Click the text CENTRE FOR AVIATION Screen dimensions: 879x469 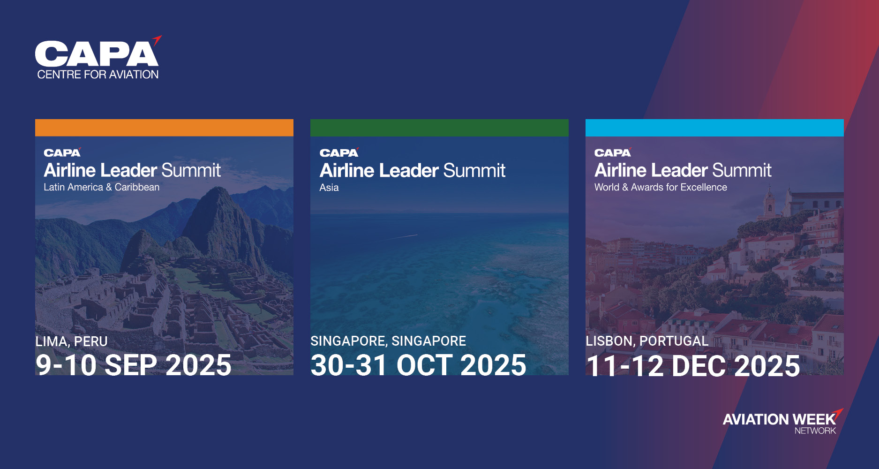pos(98,75)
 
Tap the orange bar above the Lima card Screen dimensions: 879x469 pos(164,128)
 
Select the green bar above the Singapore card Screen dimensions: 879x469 pos(439,128)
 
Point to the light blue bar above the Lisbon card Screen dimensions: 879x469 pos(714,128)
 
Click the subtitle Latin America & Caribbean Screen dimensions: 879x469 pos(102,187)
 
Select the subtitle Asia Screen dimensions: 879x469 pos(329,188)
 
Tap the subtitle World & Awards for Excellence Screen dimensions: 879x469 pos(661,187)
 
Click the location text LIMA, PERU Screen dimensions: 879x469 pos(72,341)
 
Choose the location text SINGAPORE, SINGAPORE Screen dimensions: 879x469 pos(388,341)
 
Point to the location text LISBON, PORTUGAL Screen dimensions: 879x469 pos(647,341)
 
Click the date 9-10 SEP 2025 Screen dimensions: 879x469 pos(134,365)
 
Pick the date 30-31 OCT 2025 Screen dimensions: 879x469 pos(419,365)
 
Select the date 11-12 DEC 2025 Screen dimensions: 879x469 pos(693,366)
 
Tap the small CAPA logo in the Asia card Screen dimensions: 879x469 pos(339,152)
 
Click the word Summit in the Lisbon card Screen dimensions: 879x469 pos(742,170)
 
